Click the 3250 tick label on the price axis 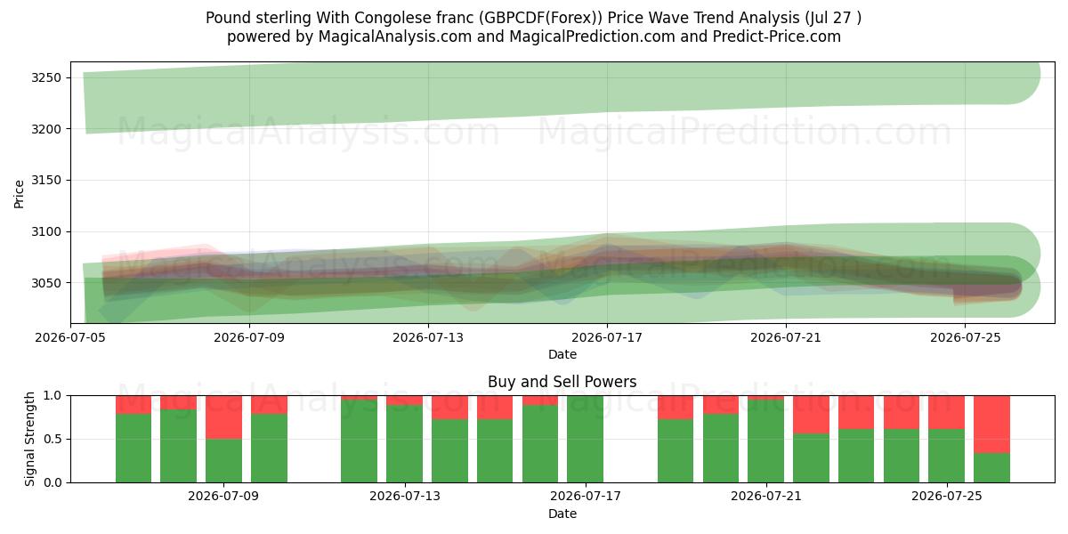click(x=46, y=77)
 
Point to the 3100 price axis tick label click(x=46, y=231)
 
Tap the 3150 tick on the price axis click(x=46, y=180)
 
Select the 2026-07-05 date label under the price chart click(x=70, y=337)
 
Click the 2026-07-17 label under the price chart click(x=607, y=337)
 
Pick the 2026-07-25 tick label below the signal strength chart click(x=947, y=497)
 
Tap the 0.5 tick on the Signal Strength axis click(x=53, y=439)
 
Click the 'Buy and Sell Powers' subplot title click(x=562, y=382)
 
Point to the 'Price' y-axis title click(x=19, y=195)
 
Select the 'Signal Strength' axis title click(x=29, y=439)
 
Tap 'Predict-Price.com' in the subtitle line click(x=777, y=36)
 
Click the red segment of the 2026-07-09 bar click(x=224, y=417)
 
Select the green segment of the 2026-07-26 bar click(x=991, y=468)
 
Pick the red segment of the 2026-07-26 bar click(x=991, y=425)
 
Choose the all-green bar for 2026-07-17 click(x=585, y=439)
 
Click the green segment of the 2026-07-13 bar click(x=404, y=444)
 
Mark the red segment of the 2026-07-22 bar click(x=811, y=415)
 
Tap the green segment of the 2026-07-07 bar click(x=133, y=449)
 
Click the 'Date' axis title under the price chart click(x=562, y=354)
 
